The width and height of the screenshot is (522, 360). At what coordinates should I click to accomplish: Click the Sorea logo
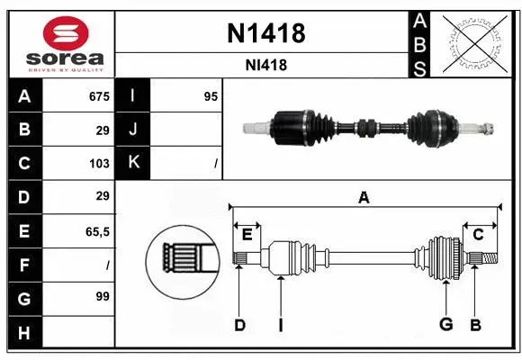[59, 42]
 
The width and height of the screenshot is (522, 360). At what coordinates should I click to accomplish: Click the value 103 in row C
[99, 163]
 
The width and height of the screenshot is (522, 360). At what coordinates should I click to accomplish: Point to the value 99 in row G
[102, 296]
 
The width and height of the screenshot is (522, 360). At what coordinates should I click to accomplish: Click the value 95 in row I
[211, 96]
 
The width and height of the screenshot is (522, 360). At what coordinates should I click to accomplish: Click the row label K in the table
[133, 163]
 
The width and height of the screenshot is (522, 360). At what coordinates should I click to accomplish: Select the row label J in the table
[133, 130]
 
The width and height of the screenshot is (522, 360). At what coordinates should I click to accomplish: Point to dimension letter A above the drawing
[364, 198]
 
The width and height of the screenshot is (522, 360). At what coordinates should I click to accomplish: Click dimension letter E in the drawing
[247, 234]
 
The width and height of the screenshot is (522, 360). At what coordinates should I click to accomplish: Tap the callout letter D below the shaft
[239, 325]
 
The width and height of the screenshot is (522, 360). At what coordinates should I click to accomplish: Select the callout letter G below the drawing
[445, 325]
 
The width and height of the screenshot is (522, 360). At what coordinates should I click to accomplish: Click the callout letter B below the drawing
[476, 325]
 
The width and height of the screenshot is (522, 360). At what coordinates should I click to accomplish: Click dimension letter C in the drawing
[478, 234]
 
